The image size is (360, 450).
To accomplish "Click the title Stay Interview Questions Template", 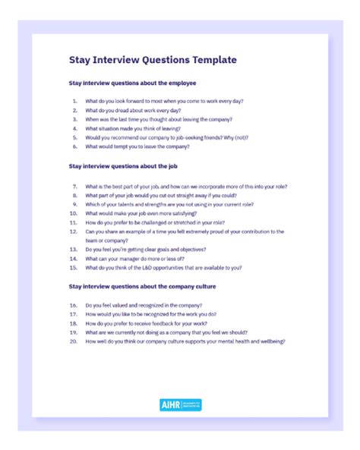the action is [x=153, y=59].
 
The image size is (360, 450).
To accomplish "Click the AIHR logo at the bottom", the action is [x=181, y=404].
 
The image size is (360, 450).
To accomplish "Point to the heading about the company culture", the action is [x=143, y=286].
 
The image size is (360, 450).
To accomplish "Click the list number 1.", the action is [x=74, y=101].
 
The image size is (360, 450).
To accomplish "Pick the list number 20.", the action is [x=74, y=341].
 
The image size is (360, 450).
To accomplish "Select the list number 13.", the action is [x=74, y=249].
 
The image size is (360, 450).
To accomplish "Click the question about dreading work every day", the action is [x=133, y=110].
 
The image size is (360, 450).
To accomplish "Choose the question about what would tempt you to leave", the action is [x=137, y=146].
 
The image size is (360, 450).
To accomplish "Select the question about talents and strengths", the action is [x=169, y=204].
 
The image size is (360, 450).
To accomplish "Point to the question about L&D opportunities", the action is [x=163, y=267].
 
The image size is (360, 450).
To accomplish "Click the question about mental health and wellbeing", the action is [x=185, y=341].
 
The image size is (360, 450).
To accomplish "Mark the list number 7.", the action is [x=74, y=186].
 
